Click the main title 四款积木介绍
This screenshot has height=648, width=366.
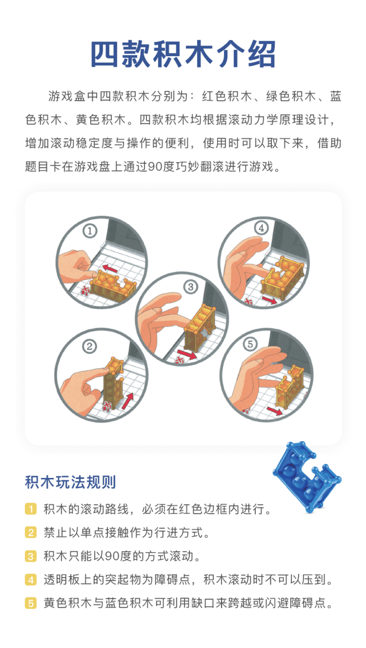[x=183, y=54]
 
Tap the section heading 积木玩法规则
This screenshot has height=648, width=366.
[x=71, y=482]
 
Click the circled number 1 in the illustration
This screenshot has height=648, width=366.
[x=90, y=231]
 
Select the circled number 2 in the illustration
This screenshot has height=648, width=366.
[x=90, y=346]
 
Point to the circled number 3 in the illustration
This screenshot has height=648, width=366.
[x=191, y=287]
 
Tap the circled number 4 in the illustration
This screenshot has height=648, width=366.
[x=261, y=228]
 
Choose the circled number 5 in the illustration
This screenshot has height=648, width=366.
[x=250, y=344]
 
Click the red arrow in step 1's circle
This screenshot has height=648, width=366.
[x=110, y=268]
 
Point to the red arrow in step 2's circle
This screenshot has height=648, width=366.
[x=128, y=401]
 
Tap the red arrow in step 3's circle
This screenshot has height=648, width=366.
[x=187, y=354]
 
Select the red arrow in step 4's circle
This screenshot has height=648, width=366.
[x=269, y=300]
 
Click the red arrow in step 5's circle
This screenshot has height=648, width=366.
[x=275, y=411]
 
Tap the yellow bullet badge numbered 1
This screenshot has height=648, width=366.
[x=31, y=509]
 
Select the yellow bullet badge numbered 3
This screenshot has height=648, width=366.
[x=31, y=556]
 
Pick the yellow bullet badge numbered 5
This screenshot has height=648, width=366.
[x=31, y=603]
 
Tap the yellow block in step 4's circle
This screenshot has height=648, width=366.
[x=282, y=278]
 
